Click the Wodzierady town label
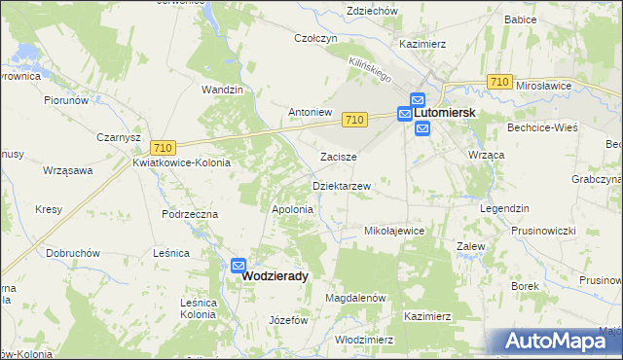tap(275, 276)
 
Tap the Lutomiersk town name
tap(445, 113)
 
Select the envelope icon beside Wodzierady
tap(238, 264)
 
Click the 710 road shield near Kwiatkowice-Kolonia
tap(163, 147)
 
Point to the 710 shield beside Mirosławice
tap(499, 84)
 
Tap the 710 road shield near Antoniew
tap(354, 119)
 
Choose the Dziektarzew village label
tap(341, 185)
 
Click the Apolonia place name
tap(292, 209)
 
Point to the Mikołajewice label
tap(393, 232)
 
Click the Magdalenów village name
tap(356, 298)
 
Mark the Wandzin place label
tap(221, 90)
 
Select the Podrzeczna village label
tap(190, 213)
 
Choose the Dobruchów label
tap(73, 252)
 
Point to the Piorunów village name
tap(66, 99)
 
